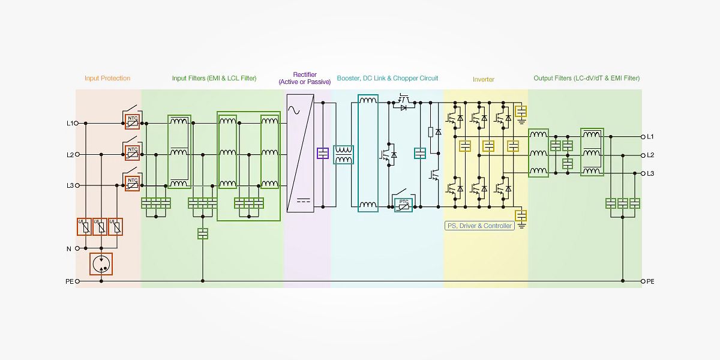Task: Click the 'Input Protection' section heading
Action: coord(107,78)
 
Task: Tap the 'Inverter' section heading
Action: coord(483,79)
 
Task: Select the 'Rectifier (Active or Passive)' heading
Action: coord(305,78)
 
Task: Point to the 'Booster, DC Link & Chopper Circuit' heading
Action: coord(387,78)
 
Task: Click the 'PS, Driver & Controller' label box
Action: coord(479,226)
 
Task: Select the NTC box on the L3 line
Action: coord(133,182)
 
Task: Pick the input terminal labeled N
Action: coord(77,248)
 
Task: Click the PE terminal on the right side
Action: coord(643,281)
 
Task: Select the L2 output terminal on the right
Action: coord(643,155)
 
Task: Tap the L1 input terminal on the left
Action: coord(77,123)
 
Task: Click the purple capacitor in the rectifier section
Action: coord(323,153)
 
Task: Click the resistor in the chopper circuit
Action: coord(430,132)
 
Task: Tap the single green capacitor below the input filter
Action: coord(203,233)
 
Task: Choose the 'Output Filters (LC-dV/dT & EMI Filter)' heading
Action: coord(586,78)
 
